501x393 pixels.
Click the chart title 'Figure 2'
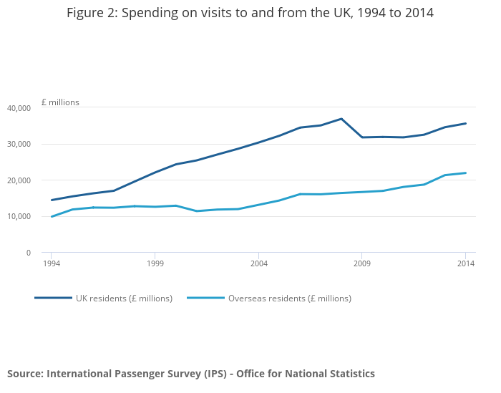pyautogui.click(x=250, y=14)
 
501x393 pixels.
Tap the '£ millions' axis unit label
pyautogui.click(x=60, y=102)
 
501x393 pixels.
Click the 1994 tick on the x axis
pyautogui.click(x=52, y=263)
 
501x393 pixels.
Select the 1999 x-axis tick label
pyautogui.click(x=155, y=263)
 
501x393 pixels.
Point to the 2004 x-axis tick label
pyautogui.click(x=259, y=263)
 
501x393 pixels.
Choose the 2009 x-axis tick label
pyautogui.click(x=362, y=263)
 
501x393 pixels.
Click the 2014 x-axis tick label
pyautogui.click(x=466, y=263)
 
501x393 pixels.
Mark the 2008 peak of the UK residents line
pyautogui.click(x=341, y=119)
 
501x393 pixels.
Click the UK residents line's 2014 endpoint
pyautogui.click(x=466, y=123)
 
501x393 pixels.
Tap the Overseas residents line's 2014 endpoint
pyautogui.click(x=466, y=173)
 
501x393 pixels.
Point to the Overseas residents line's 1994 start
pyautogui.click(x=52, y=216)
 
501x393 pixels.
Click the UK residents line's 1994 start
pyautogui.click(x=52, y=200)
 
